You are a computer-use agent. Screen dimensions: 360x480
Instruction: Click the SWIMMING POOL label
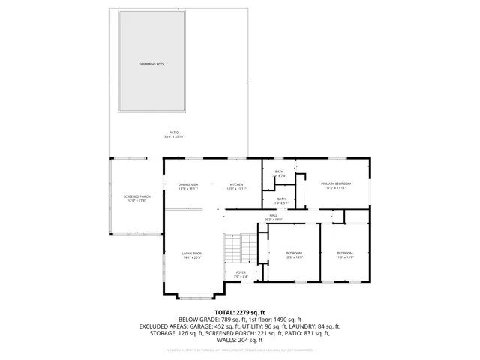[x=151, y=64]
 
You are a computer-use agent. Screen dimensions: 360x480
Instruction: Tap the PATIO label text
[x=173, y=133]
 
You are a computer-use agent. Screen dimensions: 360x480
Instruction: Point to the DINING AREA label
[x=187, y=184]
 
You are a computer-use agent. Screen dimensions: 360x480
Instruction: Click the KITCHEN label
[x=236, y=184]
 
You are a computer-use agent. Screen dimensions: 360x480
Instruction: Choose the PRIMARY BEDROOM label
[x=335, y=184]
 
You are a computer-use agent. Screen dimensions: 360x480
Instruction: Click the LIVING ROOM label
[x=192, y=253]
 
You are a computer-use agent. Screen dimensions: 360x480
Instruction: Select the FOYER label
[x=241, y=272]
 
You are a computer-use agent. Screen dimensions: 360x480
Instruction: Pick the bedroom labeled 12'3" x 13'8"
[x=294, y=257]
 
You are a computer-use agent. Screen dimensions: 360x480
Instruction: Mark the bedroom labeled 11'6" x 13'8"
[x=344, y=257]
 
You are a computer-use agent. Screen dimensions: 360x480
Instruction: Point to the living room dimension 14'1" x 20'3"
[x=192, y=258]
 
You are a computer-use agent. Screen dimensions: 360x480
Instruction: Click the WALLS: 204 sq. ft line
[x=240, y=341]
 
